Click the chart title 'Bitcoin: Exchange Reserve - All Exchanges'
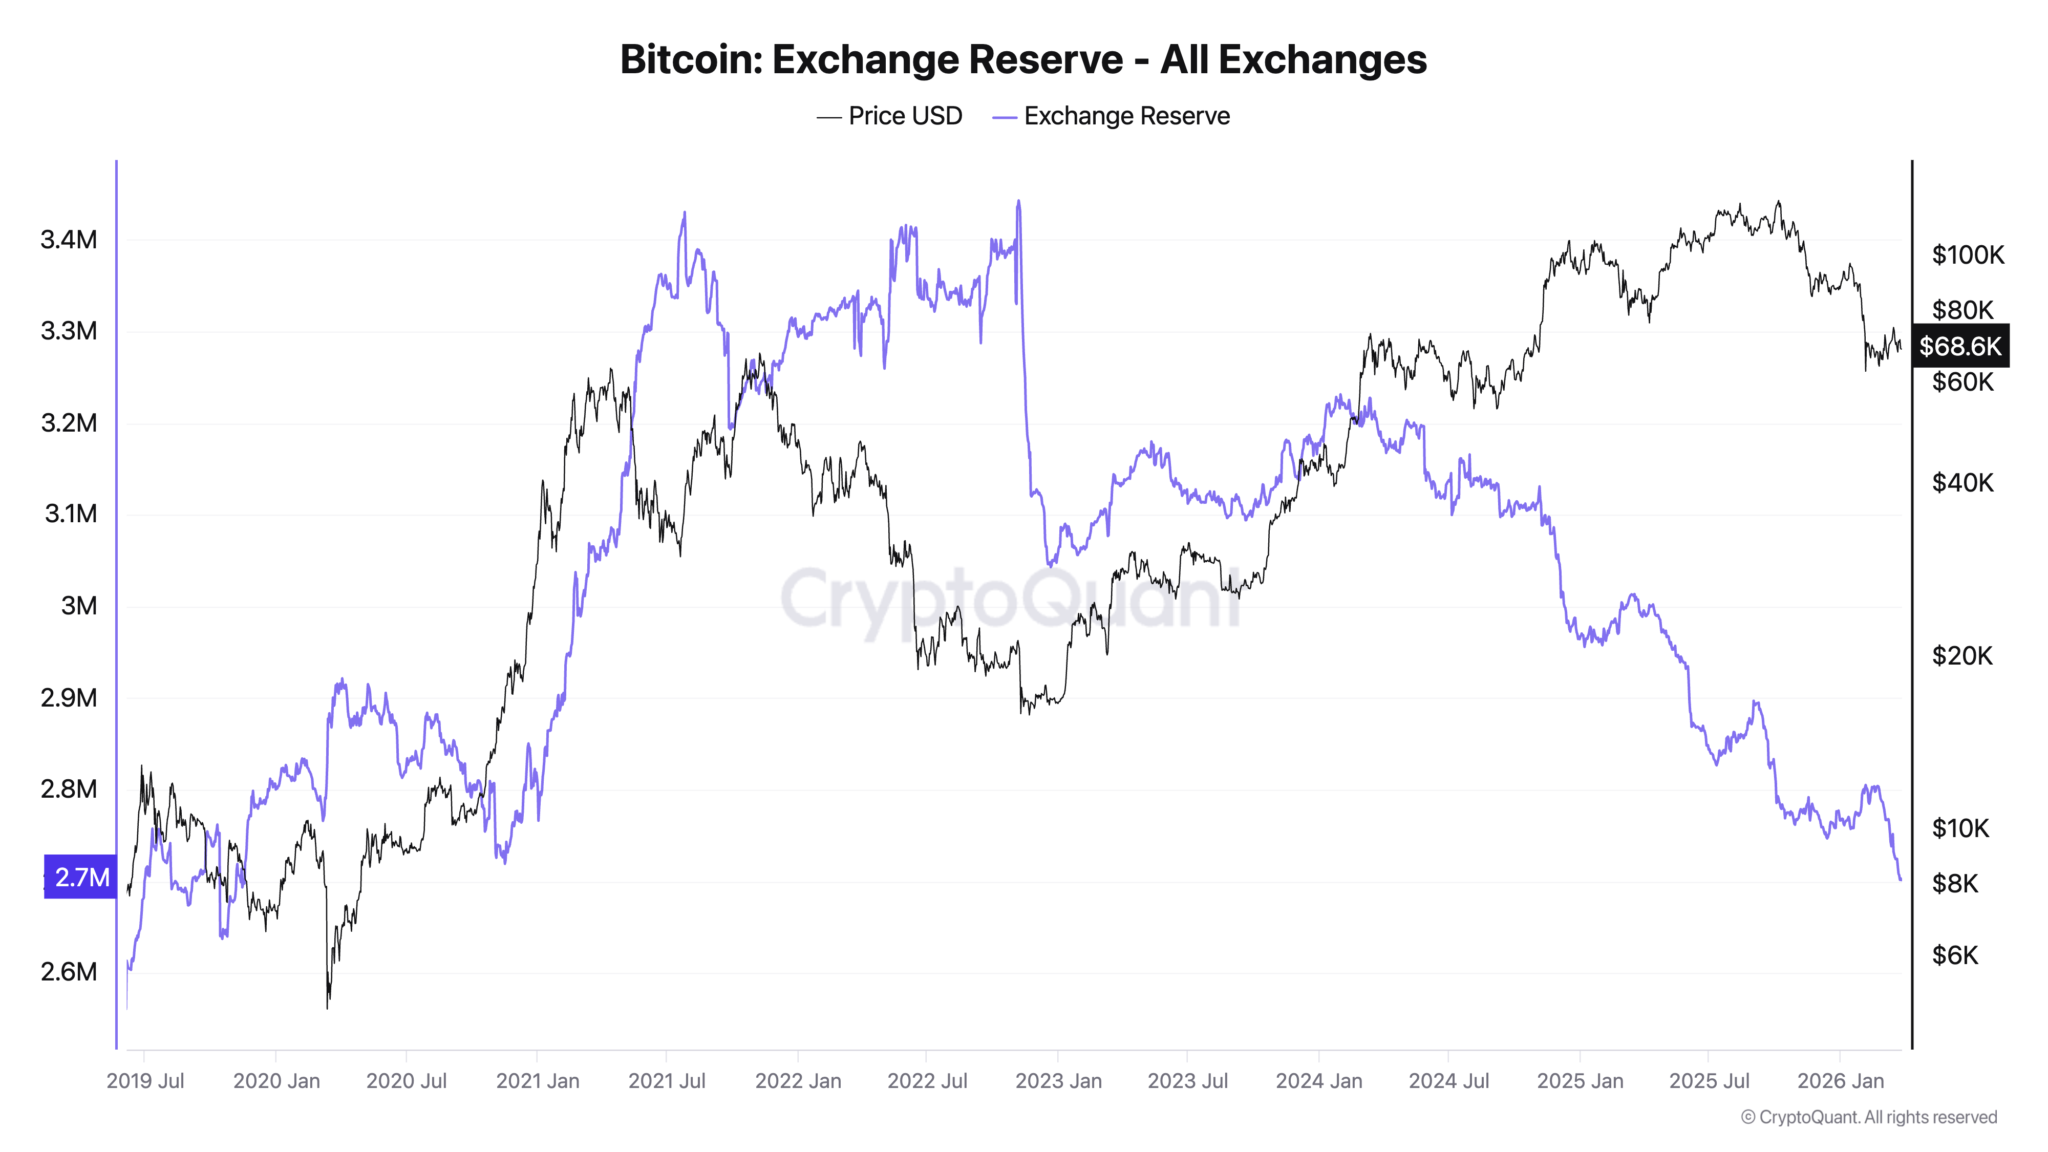click(x=1023, y=59)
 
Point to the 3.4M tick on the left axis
click(x=69, y=239)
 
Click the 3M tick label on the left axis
click(x=79, y=606)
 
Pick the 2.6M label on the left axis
click(x=69, y=972)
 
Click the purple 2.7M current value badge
click(x=80, y=877)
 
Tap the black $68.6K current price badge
click(x=1960, y=346)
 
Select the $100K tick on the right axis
click(x=1968, y=255)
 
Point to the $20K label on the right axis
click(x=1961, y=656)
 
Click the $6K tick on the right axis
click(x=1955, y=955)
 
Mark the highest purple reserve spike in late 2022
click(x=1018, y=202)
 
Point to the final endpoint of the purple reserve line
click(x=1900, y=879)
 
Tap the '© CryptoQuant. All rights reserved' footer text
click(x=1868, y=1117)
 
